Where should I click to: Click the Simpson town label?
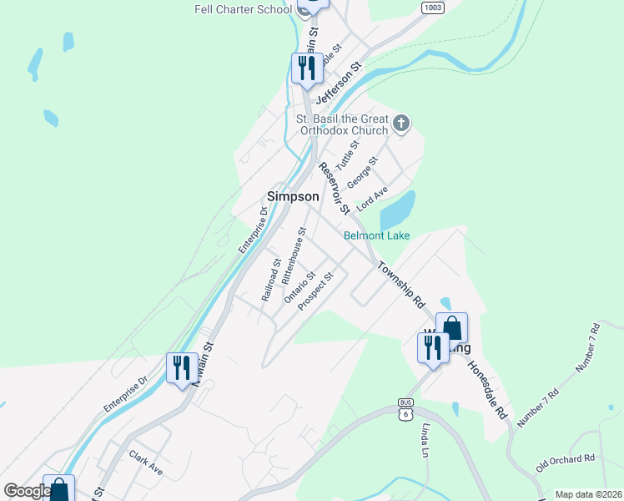pyautogui.click(x=292, y=196)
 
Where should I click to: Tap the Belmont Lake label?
pyautogui.click(x=377, y=235)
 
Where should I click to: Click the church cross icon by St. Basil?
pyautogui.click(x=401, y=124)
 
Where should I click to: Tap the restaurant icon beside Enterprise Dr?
pyautogui.click(x=181, y=368)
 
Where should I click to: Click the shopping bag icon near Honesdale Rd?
pyautogui.click(x=451, y=327)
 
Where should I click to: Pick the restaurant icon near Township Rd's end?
pyautogui.click(x=433, y=347)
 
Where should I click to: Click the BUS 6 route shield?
pyautogui.click(x=406, y=412)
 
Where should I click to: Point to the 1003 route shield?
pyautogui.click(x=432, y=8)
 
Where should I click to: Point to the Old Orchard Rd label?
pyautogui.click(x=565, y=458)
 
